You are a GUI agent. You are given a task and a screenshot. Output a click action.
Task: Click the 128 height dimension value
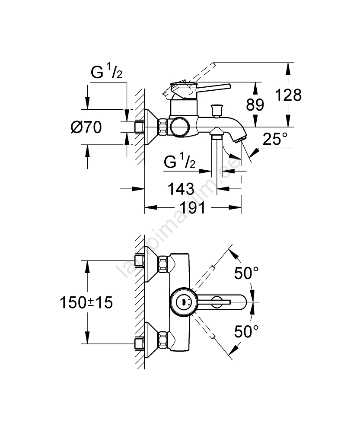point(289,95)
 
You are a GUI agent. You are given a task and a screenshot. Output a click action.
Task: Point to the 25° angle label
point(275,140)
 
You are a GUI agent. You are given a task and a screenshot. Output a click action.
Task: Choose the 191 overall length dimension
point(193,208)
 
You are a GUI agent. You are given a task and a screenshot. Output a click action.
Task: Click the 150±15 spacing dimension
point(86,302)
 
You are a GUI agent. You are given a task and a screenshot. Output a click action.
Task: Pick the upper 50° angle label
point(246,273)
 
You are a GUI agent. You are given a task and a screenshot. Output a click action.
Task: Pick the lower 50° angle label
point(246,332)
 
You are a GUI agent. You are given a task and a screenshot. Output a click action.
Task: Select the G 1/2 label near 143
point(180,162)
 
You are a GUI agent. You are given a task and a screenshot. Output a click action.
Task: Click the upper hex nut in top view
point(163,264)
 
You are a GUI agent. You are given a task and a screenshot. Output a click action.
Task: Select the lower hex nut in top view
point(163,340)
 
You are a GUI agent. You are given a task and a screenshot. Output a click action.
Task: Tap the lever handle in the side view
point(212,88)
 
